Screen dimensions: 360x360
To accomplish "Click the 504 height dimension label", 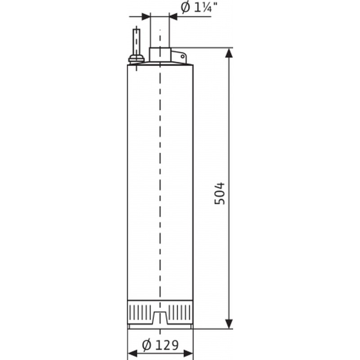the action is coord(220,193).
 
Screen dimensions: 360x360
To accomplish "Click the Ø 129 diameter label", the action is coord(160,345).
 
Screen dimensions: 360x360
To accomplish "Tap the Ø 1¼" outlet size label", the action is coord(199,8).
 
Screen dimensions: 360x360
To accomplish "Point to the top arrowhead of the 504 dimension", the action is coord(229,53).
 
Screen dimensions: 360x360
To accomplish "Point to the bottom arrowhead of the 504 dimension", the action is coord(229,324).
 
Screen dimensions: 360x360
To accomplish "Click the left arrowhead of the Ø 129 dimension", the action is coord(132,353).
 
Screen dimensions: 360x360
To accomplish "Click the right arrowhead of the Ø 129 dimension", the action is coord(188,353).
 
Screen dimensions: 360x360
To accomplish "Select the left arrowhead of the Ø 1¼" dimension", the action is coord(145,17).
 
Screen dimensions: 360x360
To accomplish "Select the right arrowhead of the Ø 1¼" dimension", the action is coord(173,17).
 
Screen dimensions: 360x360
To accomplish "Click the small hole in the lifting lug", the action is coord(183,56).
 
